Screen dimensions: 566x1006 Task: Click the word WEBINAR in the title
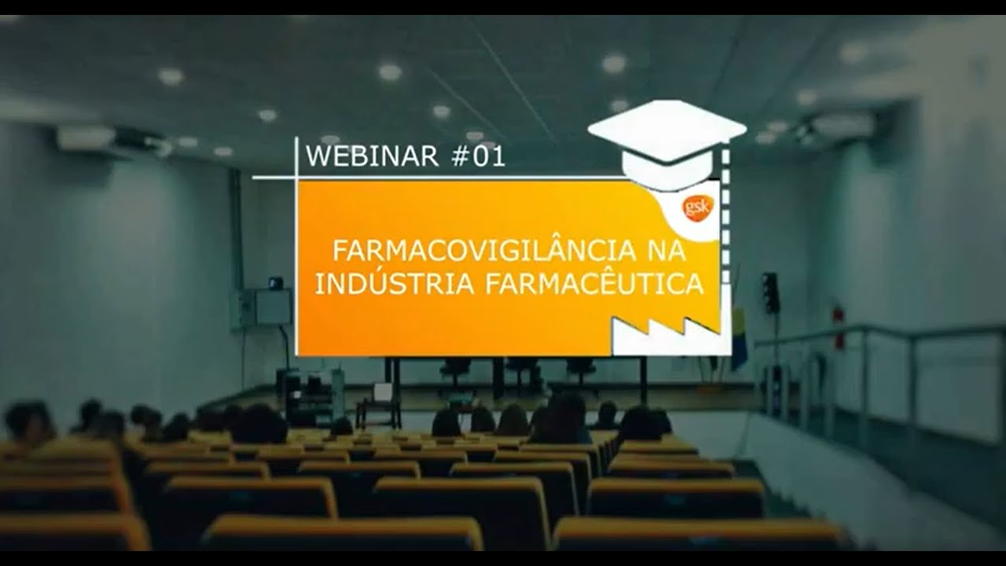pyautogui.click(x=372, y=156)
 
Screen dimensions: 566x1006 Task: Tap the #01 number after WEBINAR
pyautogui.click(x=479, y=156)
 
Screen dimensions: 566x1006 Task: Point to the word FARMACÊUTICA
pyautogui.click(x=594, y=284)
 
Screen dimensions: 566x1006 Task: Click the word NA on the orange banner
pyautogui.click(x=666, y=252)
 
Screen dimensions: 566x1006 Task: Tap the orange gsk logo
pyautogui.click(x=697, y=208)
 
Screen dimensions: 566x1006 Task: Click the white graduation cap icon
pyautogui.click(x=666, y=141)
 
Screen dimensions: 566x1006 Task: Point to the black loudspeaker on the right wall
pyautogui.click(x=770, y=292)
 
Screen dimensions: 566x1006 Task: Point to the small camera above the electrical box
pyautogui.click(x=275, y=281)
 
